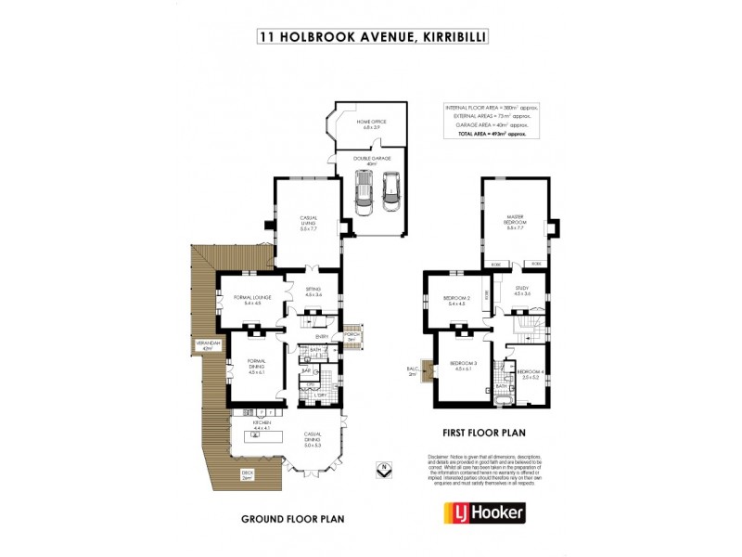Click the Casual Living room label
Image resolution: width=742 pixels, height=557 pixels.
(309, 224)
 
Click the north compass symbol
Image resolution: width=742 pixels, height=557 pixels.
(380, 468)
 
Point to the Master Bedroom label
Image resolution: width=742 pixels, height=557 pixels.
(517, 224)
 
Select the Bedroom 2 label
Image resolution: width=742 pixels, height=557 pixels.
(458, 301)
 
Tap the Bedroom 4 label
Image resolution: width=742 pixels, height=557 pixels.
(531, 374)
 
